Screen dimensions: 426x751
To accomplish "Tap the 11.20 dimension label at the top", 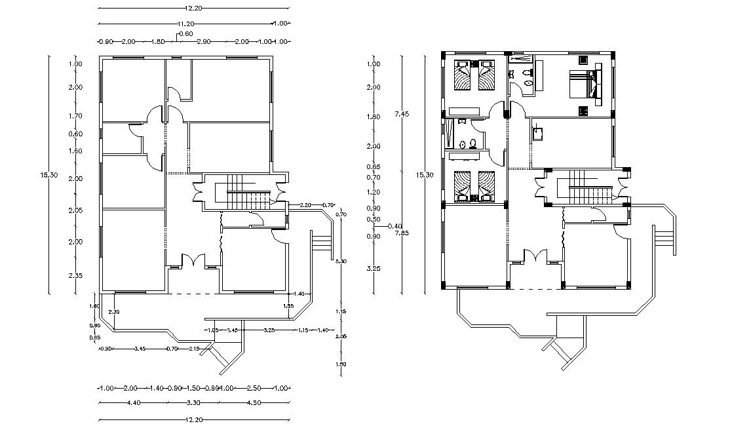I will pos(193,24).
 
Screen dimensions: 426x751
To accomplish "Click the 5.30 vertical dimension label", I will pos(340,261).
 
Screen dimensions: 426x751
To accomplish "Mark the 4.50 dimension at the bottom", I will pos(254,402).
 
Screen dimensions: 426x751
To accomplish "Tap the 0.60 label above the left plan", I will pos(186,33).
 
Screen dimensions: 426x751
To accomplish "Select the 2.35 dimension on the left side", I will pos(76,275).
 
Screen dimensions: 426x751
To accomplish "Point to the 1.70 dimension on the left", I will pos(76,116).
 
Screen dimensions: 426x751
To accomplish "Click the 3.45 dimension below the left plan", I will pos(140,349).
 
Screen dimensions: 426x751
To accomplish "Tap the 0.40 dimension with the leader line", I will pos(395,226).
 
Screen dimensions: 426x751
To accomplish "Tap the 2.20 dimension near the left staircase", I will pos(305,205).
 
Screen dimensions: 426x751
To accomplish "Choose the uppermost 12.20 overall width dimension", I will pos(193,8).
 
